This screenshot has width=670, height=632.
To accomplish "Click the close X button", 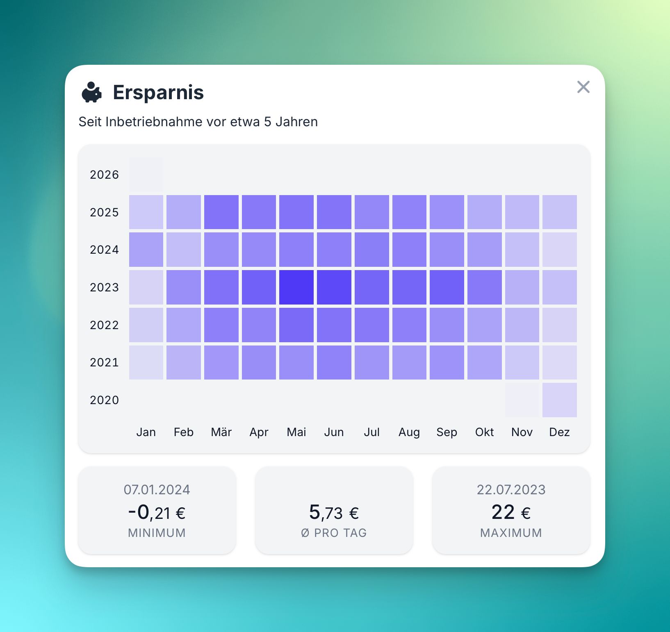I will (x=583, y=87).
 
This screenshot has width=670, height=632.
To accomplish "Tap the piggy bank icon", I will (x=91, y=92).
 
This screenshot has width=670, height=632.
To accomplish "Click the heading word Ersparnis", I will (x=158, y=92).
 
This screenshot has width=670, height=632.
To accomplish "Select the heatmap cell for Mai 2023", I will (x=296, y=287).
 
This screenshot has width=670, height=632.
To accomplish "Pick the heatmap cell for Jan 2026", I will (x=146, y=175).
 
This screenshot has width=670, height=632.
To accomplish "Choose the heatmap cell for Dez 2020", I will (x=559, y=400).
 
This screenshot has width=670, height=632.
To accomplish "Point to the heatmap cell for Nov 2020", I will (x=522, y=400).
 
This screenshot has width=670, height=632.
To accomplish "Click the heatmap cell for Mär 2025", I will (x=221, y=212).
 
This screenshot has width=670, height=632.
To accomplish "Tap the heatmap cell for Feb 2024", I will (x=184, y=250).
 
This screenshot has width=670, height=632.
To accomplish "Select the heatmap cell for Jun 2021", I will (x=334, y=362).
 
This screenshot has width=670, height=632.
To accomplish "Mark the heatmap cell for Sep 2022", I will (x=447, y=325).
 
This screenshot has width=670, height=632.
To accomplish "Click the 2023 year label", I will (x=104, y=287).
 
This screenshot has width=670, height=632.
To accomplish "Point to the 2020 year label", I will (x=104, y=400).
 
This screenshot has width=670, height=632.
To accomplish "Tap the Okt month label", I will (x=484, y=432).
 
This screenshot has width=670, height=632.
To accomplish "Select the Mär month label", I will (x=221, y=432).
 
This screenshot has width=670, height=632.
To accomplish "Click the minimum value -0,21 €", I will (x=157, y=512).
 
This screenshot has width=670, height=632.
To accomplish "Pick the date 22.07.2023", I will (x=511, y=490).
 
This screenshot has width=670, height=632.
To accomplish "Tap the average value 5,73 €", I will (x=334, y=512).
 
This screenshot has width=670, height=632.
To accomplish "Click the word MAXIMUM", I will (x=511, y=533).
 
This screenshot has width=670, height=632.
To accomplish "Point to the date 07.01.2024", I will (x=157, y=490).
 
